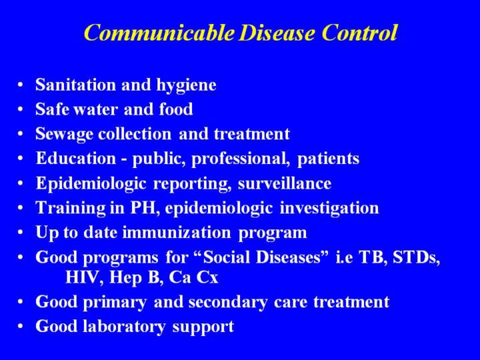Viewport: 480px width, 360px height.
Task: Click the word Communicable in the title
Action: [159, 33]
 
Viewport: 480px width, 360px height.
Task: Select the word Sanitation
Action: [75, 85]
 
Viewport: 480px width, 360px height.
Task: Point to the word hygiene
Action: [186, 85]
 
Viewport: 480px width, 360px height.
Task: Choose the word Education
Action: [75, 158]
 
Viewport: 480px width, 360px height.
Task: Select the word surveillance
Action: [285, 183]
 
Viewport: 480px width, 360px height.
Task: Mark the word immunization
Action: [176, 233]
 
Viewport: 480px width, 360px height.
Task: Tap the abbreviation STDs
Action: [416, 257]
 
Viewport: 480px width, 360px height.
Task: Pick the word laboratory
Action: [124, 327]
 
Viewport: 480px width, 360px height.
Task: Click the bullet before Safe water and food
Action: [20, 109]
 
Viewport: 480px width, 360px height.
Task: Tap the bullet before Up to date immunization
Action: [20, 233]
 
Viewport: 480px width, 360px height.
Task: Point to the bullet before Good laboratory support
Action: [20, 326]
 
